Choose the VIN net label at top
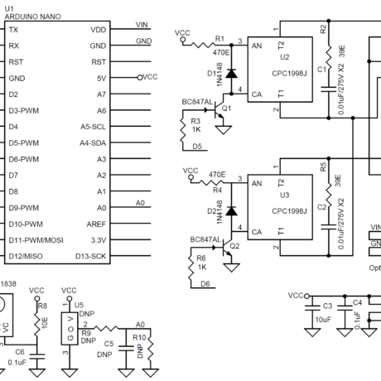click(142, 26)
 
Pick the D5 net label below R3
click(198, 147)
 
